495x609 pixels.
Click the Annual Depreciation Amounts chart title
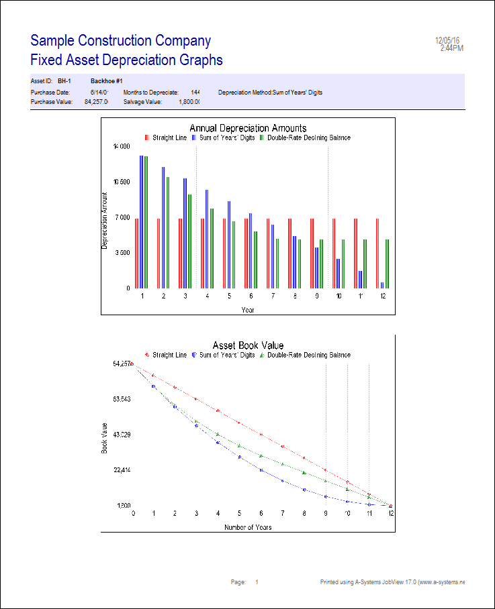(x=248, y=128)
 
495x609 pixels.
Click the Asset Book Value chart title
(x=248, y=345)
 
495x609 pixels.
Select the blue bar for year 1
(x=141, y=221)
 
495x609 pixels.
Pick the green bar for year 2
(x=168, y=232)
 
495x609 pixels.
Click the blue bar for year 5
(x=229, y=244)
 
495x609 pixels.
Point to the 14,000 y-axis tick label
(x=122, y=146)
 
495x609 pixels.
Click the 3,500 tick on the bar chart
(x=122, y=253)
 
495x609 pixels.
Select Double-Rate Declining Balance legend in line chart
(x=308, y=355)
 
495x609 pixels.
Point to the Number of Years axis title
(x=248, y=528)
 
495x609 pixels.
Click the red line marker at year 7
(x=283, y=446)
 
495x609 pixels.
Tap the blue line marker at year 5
(x=240, y=457)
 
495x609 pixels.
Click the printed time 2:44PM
(x=451, y=48)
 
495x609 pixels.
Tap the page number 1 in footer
(x=257, y=582)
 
